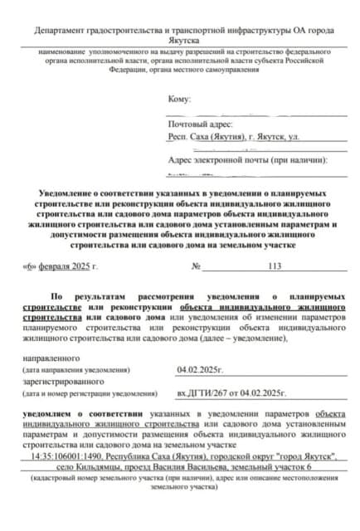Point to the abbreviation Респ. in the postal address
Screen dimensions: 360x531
click(178, 135)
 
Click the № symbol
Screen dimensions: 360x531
click(197, 266)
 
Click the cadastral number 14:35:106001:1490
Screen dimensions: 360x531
click(66, 456)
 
